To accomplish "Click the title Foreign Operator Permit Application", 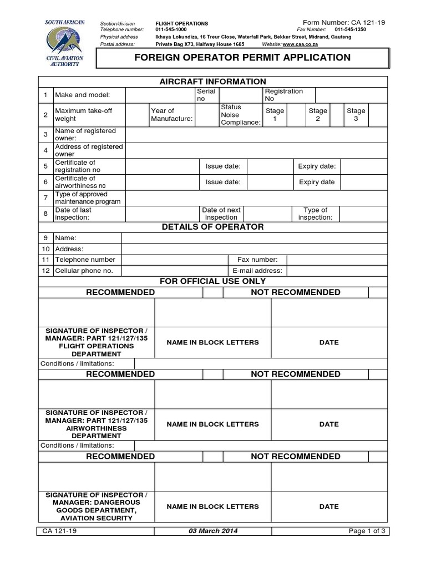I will [x=243, y=58].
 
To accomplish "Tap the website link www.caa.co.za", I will [x=300, y=44].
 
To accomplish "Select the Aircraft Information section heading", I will [x=213, y=82].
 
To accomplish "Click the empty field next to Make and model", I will [x=160, y=95].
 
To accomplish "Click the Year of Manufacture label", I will [x=171, y=115].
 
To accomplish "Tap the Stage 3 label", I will [x=356, y=115].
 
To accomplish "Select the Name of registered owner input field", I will [x=255, y=135].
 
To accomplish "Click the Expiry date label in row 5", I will [x=317, y=166].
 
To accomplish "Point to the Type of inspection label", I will [x=315, y=214].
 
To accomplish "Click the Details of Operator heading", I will [x=213, y=227].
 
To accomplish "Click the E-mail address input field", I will [x=337, y=271].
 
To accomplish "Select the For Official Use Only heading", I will [x=213, y=281].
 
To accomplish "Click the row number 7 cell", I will [x=45, y=198].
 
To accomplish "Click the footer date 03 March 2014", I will [x=213, y=531].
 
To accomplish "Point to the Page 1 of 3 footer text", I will [x=367, y=531].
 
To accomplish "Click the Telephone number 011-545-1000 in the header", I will [x=171, y=29].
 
